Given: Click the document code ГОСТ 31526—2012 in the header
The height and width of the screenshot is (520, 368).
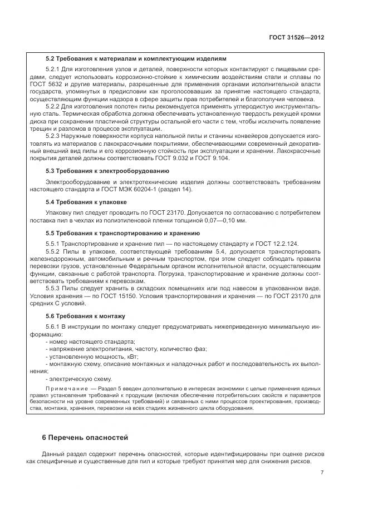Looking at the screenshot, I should [x=297, y=37].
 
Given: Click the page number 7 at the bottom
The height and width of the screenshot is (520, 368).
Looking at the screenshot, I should [x=322, y=473].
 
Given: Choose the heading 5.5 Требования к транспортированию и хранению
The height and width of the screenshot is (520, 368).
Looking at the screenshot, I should [x=122, y=232].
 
